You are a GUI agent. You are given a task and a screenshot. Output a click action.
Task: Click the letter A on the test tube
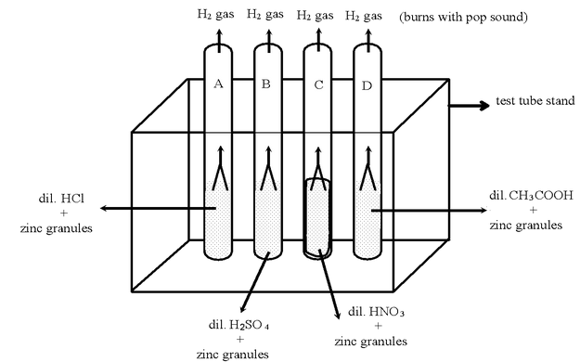(x=219, y=84)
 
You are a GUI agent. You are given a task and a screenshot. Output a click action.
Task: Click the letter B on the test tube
(x=266, y=84)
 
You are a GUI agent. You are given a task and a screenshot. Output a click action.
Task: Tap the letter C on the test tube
(x=318, y=85)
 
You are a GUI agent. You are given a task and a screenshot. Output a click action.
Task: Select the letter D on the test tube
(x=367, y=86)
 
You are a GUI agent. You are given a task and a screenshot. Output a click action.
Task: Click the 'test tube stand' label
(x=535, y=100)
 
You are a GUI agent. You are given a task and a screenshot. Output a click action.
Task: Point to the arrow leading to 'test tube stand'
(x=469, y=106)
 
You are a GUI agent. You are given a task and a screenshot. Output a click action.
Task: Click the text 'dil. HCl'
(x=61, y=199)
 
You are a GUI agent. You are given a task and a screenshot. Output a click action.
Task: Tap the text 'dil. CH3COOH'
(x=531, y=195)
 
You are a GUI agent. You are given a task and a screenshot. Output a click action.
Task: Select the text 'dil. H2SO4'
(x=238, y=325)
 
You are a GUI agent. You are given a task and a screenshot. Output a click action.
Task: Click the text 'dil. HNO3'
(x=376, y=312)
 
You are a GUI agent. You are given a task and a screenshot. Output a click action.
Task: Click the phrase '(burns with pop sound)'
(x=463, y=17)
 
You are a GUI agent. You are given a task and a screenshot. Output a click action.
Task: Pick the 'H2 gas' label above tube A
(x=215, y=15)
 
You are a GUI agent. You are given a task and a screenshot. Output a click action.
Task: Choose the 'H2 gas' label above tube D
(x=364, y=16)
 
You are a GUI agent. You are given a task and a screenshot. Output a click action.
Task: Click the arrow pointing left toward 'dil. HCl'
(x=158, y=209)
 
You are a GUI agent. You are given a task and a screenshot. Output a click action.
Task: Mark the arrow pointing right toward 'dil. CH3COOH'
(x=430, y=211)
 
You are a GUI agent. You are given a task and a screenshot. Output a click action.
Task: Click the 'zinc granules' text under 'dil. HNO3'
(x=371, y=342)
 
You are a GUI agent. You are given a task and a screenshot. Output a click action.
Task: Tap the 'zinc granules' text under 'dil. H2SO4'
(x=233, y=355)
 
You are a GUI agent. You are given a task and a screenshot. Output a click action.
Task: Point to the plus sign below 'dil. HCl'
(x=64, y=213)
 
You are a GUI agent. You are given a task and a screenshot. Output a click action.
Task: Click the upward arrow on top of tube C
(x=318, y=41)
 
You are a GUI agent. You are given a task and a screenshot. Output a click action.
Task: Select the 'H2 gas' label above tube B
(x=265, y=15)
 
